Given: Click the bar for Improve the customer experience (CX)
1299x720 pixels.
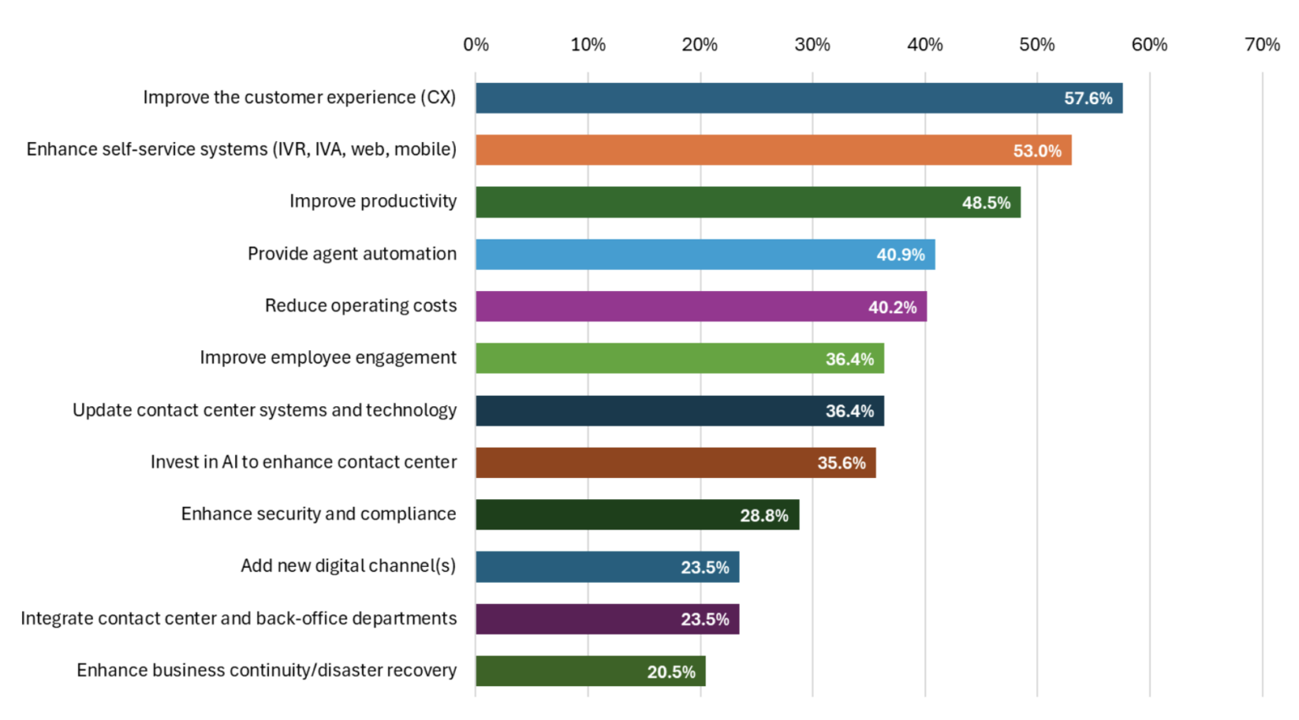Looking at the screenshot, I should click(798, 98).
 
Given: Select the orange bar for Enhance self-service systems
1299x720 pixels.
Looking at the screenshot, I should click(773, 151).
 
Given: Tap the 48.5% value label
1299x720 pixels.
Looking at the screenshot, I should click(986, 203).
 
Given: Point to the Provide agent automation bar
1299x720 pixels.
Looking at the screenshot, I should click(704, 255).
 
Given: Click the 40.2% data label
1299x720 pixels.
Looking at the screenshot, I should click(892, 307).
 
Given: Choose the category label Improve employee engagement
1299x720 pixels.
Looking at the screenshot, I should click(328, 358).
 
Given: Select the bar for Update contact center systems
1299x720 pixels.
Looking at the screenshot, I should click(679, 411).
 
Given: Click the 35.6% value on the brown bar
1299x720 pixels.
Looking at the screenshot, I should click(841, 463).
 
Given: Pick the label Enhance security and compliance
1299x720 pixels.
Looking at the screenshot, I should click(318, 514).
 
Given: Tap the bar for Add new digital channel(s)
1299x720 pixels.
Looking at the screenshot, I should click(607, 567).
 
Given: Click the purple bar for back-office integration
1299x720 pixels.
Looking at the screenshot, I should click(607, 619).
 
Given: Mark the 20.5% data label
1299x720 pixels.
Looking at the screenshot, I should click(671, 672).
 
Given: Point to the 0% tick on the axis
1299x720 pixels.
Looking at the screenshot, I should click(476, 45).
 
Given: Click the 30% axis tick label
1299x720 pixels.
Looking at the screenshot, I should click(812, 45).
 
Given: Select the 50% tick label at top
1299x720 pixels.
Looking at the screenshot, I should click(1037, 45).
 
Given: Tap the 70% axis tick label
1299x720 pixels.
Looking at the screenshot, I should click(1262, 45).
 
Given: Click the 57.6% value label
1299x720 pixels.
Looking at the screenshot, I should click(1088, 99).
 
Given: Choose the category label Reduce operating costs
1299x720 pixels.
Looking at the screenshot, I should click(360, 305).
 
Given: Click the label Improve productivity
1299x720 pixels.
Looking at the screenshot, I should click(373, 201).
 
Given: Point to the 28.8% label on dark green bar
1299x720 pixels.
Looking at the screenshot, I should click(764, 515).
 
